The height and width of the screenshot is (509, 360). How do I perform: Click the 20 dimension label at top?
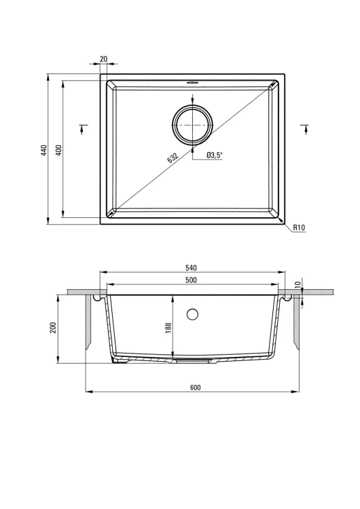(104, 59)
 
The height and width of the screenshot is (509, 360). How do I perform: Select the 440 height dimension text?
(45, 150)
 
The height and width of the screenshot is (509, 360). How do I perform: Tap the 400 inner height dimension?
(59, 150)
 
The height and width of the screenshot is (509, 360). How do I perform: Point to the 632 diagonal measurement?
(173, 157)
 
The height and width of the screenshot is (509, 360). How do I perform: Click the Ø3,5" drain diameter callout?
(214, 155)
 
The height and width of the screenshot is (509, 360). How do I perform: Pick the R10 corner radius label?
(300, 227)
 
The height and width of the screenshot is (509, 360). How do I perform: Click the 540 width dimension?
(191, 268)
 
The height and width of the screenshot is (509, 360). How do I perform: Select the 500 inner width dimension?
(191, 280)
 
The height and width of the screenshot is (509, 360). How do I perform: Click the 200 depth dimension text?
(54, 327)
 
